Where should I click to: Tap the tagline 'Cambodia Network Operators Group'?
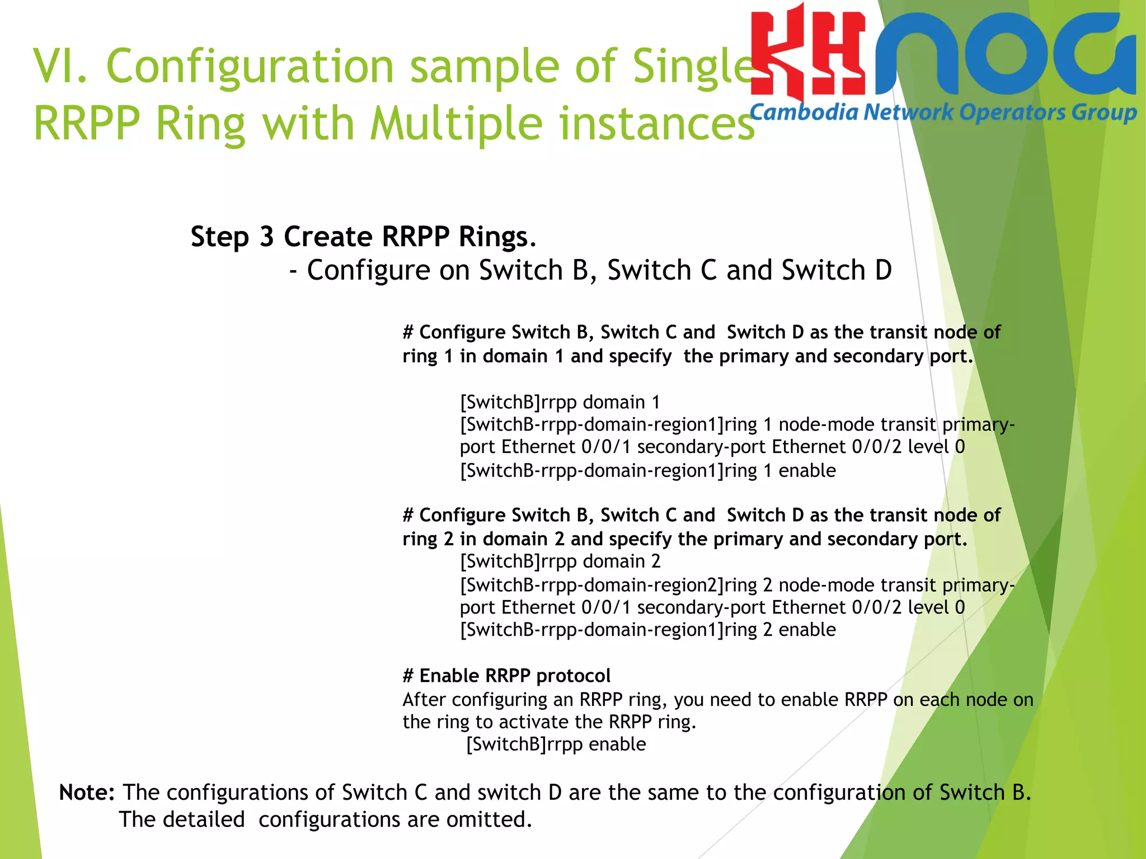pos(943,112)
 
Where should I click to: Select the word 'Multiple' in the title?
pos(457,124)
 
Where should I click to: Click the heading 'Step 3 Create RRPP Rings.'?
pos(364,237)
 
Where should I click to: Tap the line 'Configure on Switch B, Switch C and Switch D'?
pos(599,271)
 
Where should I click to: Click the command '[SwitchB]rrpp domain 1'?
pos(560,402)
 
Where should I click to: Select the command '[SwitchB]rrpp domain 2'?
pos(560,561)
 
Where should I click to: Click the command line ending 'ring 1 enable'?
pos(647,471)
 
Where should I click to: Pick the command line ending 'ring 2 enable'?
pos(647,630)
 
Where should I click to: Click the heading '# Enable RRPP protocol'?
pos(506,676)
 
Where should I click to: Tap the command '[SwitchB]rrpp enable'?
pos(556,744)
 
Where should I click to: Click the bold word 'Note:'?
pos(87,792)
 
